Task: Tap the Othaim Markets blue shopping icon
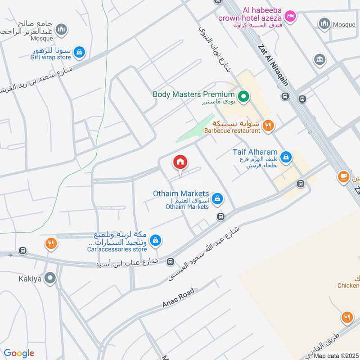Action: [x=217, y=198]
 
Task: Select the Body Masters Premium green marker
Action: [x=243, y=95]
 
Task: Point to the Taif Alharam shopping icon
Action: [x=285, y=157]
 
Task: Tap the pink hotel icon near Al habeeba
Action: [x=291, y=17]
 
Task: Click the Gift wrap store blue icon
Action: [x=79, y=52]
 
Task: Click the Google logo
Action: [x=19, y=353]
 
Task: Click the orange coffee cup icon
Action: [x=344, y=176]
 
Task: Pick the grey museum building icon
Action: [x=320, y=59]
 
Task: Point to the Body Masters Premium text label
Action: [x=193, y=94]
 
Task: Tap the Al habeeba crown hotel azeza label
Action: [x=250, y=14]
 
